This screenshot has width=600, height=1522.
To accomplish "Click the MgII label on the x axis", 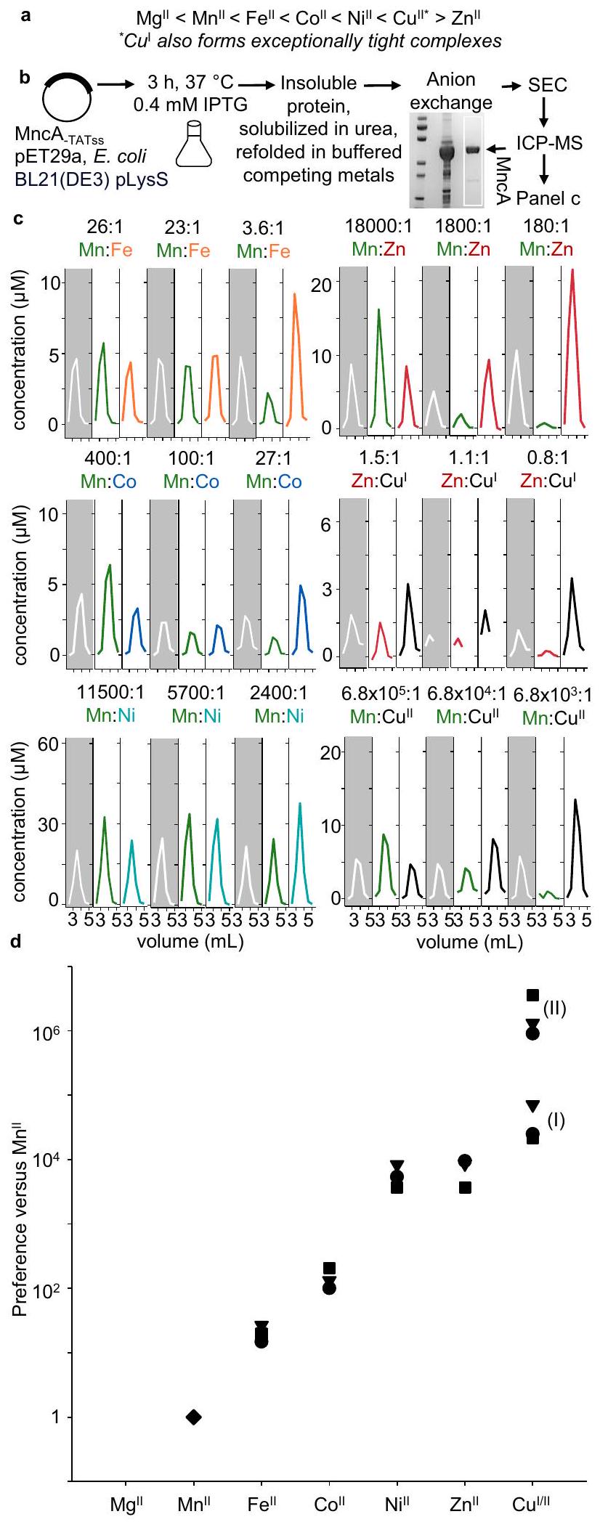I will [x=126, y=1504].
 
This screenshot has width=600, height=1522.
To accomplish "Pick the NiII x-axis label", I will [x=397, y=1504].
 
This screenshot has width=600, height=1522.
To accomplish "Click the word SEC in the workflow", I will [x=547, y=85].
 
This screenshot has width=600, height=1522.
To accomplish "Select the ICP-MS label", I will [x=549, y=142].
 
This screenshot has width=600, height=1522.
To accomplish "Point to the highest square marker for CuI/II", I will [x=532, y=995].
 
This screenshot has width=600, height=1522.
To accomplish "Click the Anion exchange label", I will [x=451, y=91].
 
